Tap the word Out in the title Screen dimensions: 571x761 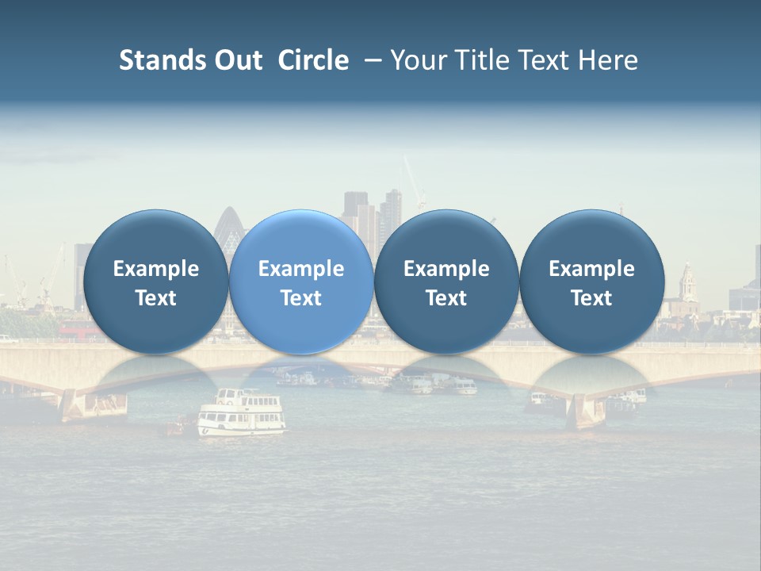(235, 60)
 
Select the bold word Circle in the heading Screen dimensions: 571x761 (313, 60)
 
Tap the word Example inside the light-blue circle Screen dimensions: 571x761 (301, 269)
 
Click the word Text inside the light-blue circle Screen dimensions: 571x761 (301, 298)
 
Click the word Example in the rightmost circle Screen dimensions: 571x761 (591, 269)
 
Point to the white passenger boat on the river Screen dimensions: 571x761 (242, 412)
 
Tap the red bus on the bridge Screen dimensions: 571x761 (76, 329)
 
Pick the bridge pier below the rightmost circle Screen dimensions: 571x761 (587, 409)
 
